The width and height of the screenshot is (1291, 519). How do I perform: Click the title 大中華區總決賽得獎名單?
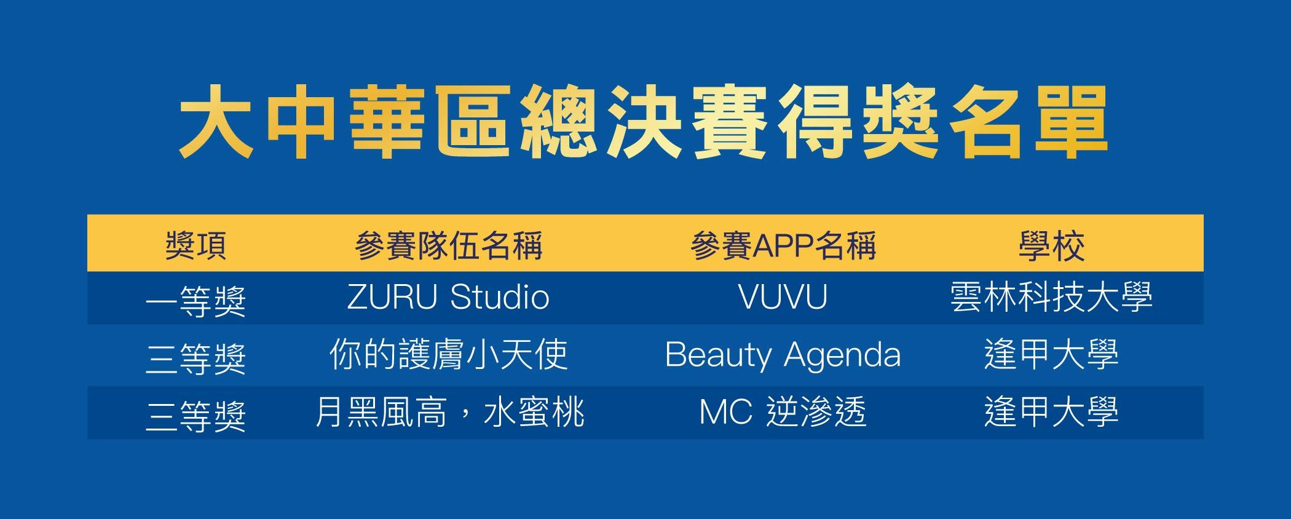(x=644, y=122)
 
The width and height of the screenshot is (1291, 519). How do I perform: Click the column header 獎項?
(x=196, y=245)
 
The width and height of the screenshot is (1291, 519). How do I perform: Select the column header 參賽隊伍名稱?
(x=449, y=245)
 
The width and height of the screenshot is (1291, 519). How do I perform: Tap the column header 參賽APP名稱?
(x=783, y=245)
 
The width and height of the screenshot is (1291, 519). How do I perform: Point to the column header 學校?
(x=1051, y=245)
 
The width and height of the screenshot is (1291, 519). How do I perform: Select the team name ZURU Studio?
(x=448, y=298)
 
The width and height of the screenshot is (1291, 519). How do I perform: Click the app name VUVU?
(x=783, y=298)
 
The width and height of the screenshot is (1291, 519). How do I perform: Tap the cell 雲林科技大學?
(x=1051, y=298)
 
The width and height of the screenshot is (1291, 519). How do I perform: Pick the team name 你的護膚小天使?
(x=449, y=355)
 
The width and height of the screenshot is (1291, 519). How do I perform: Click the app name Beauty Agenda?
(x=783, y=355)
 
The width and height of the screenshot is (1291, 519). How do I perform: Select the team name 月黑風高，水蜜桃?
(x=449, y=412)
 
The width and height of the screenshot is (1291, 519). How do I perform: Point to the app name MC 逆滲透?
(x=783, y=412)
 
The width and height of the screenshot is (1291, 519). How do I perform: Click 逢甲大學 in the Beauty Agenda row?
(x=1051, y=355)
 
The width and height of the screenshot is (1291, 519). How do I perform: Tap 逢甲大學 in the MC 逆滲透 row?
(x=1051, y=412)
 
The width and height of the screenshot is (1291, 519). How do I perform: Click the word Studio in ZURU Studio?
(x=500, y=298)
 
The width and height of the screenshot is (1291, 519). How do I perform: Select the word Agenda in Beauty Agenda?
(x=843, y=357)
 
